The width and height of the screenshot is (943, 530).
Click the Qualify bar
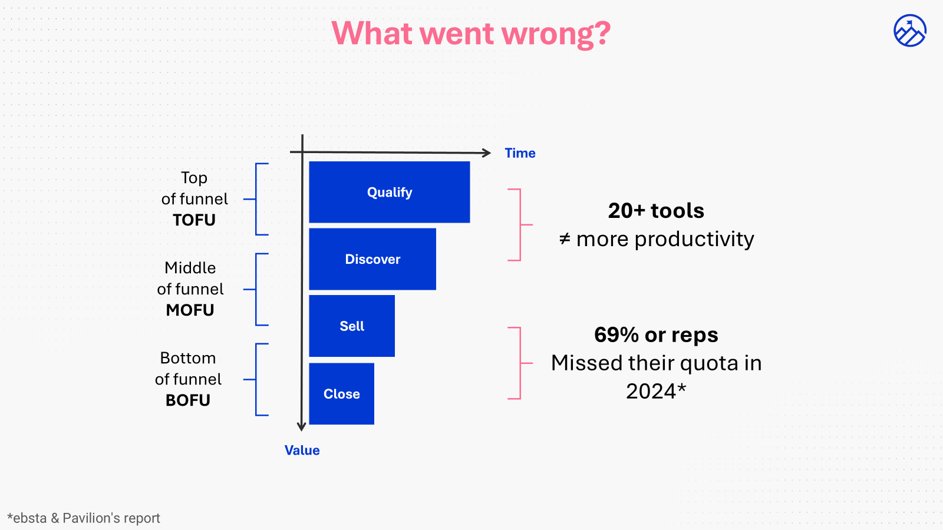pyautogui.click(x=389, y=192)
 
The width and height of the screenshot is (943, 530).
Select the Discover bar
pyautogui.click(x=372, y=259)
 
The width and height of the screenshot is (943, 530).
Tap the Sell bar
pyautogui.click(x=352, y=326)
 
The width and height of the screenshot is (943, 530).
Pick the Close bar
pyautogui.click(x=341, y=393)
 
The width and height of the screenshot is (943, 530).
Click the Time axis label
pyautogui.click(x=520, y=153)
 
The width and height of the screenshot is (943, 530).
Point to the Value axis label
pyautogui.click(x=302, y=450)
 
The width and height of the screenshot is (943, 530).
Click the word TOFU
pyautogui.click(x=194, y=220)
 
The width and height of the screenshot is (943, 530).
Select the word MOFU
pyautogui.click(x=190, y=310)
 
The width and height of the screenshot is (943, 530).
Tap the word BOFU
pyautogui.click(x=187, y=400)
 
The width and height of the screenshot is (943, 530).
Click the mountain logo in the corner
pyautogui.click(x=909, y=31)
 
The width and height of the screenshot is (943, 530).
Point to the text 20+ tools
pyautogui.click(x=656, y=211)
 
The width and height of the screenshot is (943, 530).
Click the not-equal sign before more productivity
pyautogui.click(x=565, y=239)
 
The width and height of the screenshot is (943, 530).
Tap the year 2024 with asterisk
pyautogui.click(x=656, y=392)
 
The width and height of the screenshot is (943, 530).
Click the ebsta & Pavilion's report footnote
pyautogui.click(x=84, y=518)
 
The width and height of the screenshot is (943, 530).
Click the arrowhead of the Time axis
pyautogui.click(x=486, y=153)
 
